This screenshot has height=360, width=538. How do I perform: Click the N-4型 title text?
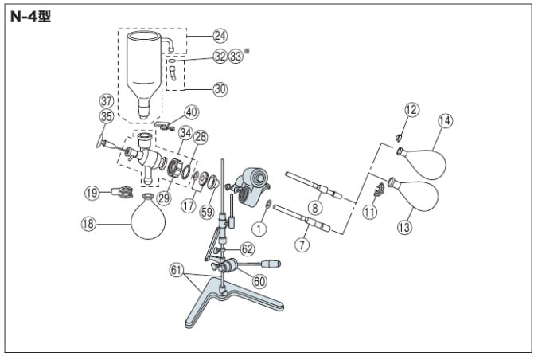pyautogui.click(x=30, y=16)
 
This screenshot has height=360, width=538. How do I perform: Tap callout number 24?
pyautogui.click(x=220, y=36)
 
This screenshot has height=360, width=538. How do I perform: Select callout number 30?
pyautogui.click(x=220, y=89)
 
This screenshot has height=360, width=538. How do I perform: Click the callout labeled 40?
pyautogui.click(x=192, y=112)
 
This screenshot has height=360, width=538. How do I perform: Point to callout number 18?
pyautogui.click(x=88, y=224)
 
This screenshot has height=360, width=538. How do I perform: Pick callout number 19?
pyautogui.click(x=92, y=193)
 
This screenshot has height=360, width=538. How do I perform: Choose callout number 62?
pyautogui.click(x=247, y=249)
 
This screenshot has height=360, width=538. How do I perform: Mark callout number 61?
pyautogui.click(x=176, y=270)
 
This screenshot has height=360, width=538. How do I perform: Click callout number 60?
pyautogui.click(x=259, y=282)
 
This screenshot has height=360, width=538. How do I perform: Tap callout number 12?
pyautogui.click(x=411, y=110)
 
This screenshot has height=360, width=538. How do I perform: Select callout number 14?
pyautogui.click(x=446, y=120)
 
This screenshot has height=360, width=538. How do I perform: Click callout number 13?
pyautogui.click(x=404, y=227)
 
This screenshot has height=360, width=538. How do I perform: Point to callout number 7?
pyautogui.click(x=302, y=245)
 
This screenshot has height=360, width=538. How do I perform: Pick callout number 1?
pyautogui.click(x=259, y=229)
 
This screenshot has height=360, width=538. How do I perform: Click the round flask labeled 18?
pyautogui.click(x=148, y=217)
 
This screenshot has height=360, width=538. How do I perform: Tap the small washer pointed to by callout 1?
pyautogui.click(x=268, y=204)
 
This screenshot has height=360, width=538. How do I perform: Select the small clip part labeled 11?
pyautogui.click(x=379, y=190)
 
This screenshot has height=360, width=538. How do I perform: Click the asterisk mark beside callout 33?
pyautogui.click(x=246, y=51)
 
